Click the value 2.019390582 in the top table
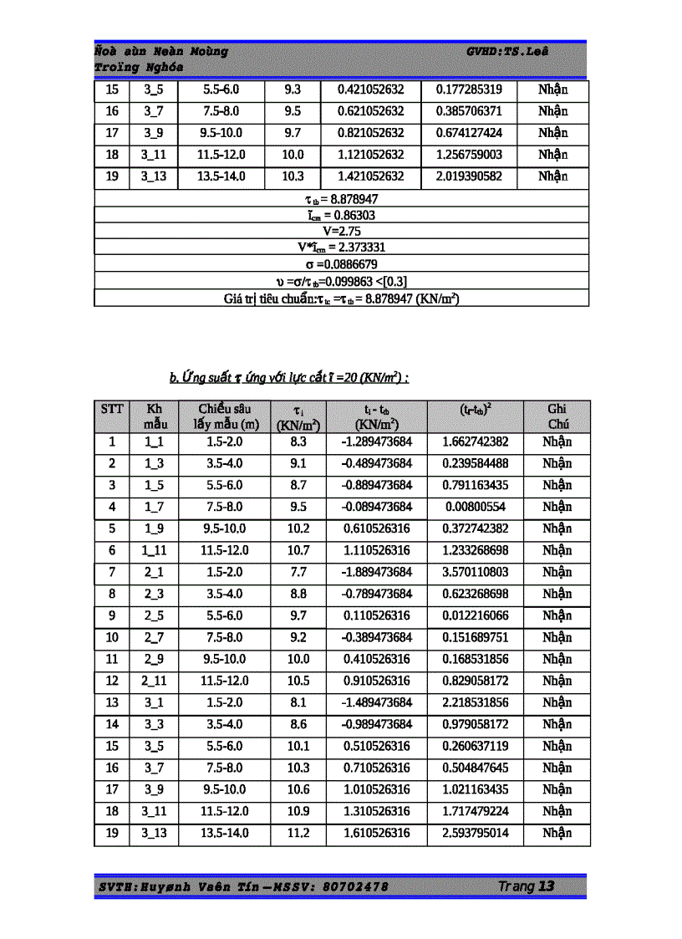[469, 176]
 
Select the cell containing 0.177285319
[469, 89]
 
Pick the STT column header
[112, 409]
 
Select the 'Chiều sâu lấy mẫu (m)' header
[226, 416]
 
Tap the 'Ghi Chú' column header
[557, 416]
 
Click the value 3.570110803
[475, 572]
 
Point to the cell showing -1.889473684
[377, 572]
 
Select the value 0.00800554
[475, 507]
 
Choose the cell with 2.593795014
[475, 833]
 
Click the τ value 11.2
[298, 833]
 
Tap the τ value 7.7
[298, 572]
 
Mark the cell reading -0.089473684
[377, 507]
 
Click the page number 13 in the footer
[547, 886]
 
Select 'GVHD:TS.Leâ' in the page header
[507, 52]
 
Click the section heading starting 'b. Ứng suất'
[289, 378]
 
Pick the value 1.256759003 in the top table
[469, 155]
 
